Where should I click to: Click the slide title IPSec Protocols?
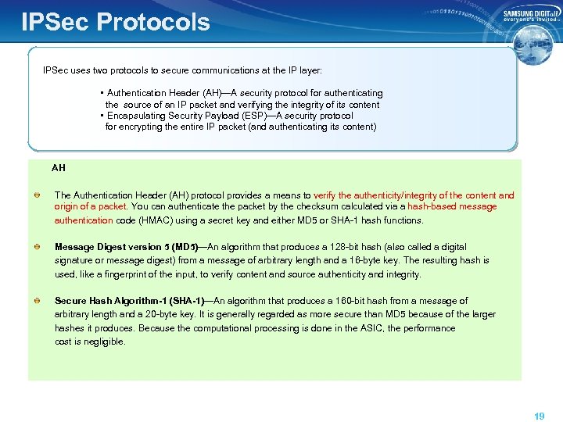116,21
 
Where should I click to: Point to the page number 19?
539,417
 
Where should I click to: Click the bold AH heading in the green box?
59,167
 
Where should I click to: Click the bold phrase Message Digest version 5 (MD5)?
126,247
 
